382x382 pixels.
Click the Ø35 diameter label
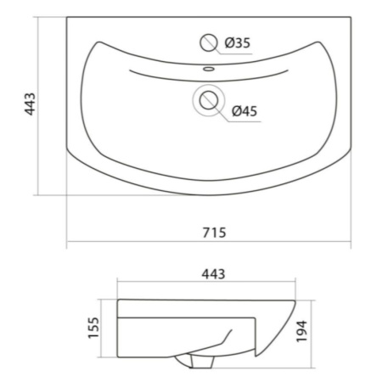click(x=238, y=43)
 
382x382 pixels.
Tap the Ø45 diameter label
click(x=244, y=111)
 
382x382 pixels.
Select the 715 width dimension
click(x=214, y=233)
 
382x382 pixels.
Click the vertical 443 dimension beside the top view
click(x=30, y=104)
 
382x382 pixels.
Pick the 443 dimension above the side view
click(x=213, y=274)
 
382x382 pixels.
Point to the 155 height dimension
click(x=93, y=328)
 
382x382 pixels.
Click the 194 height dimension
click(x=301, y=331)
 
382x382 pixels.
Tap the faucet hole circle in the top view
click(x=209, y=42)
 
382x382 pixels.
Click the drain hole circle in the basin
click(x=209, y=100)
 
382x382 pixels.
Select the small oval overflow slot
click(x=209, y=69)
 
